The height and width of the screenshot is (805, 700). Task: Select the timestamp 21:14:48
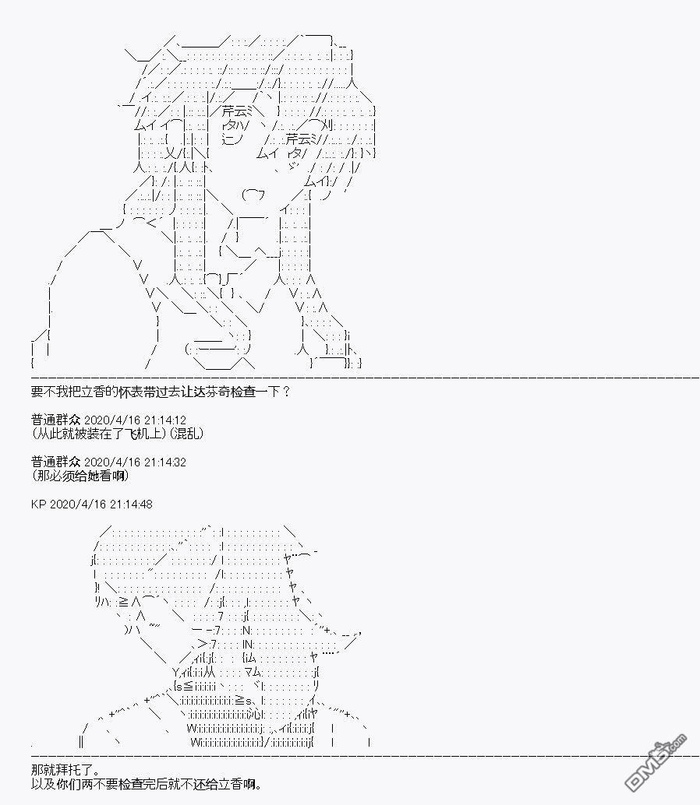click(x=131, y=504)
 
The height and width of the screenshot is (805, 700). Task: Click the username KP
click(x=38, y=504)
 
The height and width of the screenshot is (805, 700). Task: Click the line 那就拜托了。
click(x=65, y=770)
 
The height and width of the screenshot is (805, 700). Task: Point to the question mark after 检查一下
click(x=286, y=392)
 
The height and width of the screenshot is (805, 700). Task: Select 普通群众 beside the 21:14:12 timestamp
click(x=55, y=420)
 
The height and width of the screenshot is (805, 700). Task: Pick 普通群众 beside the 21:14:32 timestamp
click(x=55, y=462)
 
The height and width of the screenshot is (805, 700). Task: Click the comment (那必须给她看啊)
click(x=80, y=476)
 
